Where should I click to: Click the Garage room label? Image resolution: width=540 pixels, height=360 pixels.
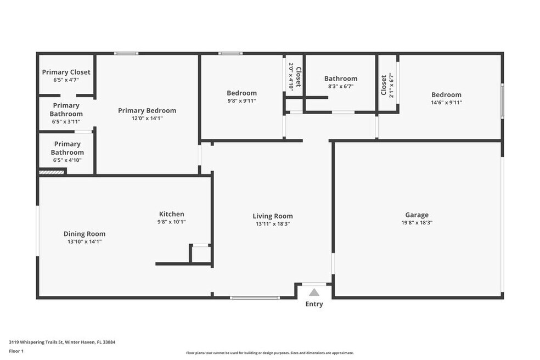coord(417,215)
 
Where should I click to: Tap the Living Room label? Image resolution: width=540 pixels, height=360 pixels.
coord(273,216)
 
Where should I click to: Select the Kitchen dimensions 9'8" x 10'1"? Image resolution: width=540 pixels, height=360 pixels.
coord(172,222)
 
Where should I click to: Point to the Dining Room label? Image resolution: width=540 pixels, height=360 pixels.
coord(85,234)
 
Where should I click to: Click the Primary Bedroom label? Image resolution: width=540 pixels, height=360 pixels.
coord(147,111)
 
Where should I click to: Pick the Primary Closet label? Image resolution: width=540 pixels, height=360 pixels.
coord(66,72)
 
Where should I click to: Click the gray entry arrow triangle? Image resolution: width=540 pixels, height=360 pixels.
coord(314,292)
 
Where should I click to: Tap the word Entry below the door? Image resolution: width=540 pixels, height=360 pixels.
coord(314,304)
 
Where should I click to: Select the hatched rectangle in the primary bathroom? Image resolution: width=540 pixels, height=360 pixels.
coord(52,171)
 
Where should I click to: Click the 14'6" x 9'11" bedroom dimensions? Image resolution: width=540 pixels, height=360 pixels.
coord(446,102)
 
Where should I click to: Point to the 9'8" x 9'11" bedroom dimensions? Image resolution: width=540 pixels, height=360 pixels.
coord(241,101)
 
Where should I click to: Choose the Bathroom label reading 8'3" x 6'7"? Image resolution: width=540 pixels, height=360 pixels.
coord(341,82)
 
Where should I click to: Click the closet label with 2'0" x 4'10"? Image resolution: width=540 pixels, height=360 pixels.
coord(295,76)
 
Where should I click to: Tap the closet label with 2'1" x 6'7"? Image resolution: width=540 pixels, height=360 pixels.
coord(387,85)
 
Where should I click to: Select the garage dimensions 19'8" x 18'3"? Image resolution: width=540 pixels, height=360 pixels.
coord(417,223)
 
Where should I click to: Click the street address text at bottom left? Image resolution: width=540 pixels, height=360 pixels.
coord(62,342)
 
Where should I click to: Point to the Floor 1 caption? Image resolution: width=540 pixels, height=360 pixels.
coord(16,351)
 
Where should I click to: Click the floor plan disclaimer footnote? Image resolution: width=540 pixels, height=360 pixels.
coord(270,353)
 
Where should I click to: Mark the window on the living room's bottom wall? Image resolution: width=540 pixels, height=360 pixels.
coord(255,297)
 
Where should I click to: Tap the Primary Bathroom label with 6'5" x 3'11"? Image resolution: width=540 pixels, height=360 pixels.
coord(66,114)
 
